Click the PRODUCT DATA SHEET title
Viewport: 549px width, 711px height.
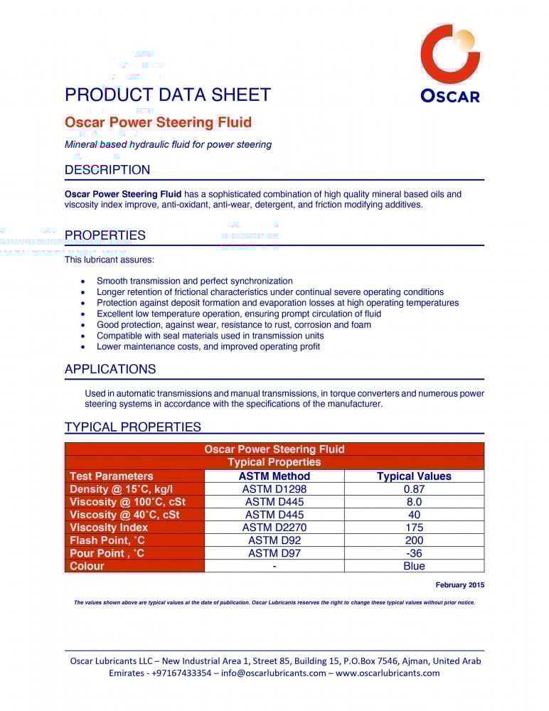[168, 95]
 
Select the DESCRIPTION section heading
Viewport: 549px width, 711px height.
[107, 170]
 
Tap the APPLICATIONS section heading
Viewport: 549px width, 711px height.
[110, 369]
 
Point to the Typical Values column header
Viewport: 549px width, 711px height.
[414, 476]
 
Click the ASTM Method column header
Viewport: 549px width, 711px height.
[274, 476]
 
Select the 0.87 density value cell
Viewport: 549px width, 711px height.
[414, 489]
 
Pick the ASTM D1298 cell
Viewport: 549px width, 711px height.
[274, 489]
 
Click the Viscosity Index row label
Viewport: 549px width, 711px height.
[109, 528]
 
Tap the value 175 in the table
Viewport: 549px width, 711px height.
[414, 528]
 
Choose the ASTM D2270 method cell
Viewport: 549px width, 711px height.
[274, 528]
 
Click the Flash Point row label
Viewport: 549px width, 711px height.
[107, 540]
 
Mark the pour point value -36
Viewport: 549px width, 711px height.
[414, 553]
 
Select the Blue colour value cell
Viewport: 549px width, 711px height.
[414, 566]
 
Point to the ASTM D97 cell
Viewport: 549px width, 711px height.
[274, 553]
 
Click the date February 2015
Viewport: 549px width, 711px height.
[459, 585]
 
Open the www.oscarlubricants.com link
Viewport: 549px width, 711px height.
[388, 673]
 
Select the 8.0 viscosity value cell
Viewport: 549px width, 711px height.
[414, 502]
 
